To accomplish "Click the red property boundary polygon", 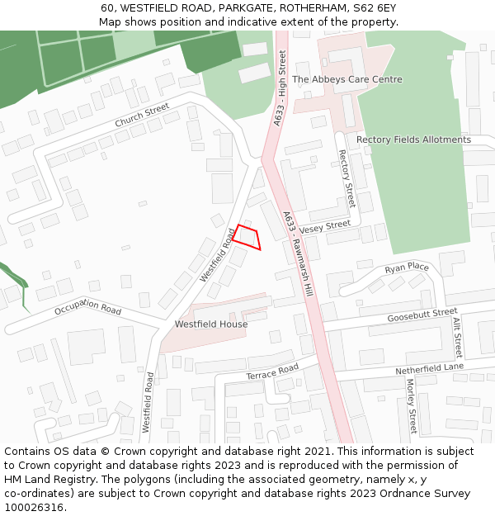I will point(247,237).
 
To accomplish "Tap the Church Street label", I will point(142,116).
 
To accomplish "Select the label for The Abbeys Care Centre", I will point(347,79).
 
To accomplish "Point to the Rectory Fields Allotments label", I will point(413,140).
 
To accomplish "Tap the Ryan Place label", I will point(407,268).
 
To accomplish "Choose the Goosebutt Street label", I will point(422,315).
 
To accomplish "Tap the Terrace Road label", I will point(271,372).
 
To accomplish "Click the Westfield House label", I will point(211,324).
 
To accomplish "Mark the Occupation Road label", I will point(87,310).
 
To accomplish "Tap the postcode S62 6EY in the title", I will point(374,7).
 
